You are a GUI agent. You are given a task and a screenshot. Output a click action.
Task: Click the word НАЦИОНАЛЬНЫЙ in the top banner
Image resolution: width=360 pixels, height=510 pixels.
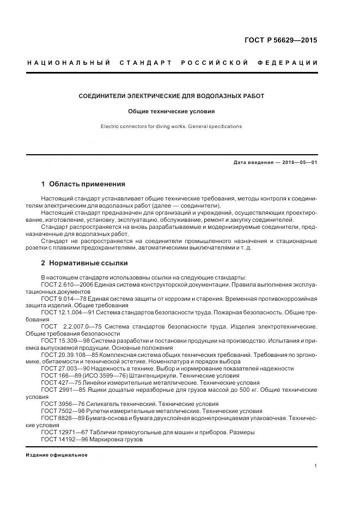(x=69, y=63)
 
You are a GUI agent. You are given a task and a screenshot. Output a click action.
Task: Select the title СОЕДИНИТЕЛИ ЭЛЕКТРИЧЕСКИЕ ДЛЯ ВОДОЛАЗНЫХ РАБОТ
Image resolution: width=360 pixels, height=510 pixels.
(x=172, y=96)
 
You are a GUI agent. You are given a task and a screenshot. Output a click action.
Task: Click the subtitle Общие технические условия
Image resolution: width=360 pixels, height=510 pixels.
(x=172, y=111)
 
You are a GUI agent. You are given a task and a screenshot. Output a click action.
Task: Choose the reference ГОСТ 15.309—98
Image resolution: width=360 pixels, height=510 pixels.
(x=65, y=340)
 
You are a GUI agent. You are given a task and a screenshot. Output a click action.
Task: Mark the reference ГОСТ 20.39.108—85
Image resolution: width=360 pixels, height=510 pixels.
(x=69, y=354)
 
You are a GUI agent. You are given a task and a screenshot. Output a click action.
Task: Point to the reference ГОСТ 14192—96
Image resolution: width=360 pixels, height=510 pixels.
(x=65, y=439)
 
